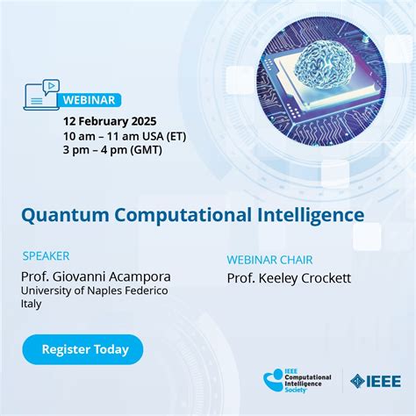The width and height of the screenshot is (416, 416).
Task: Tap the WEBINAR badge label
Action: [x=89, y=99]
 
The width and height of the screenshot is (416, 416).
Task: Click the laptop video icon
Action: [x=42, y=94]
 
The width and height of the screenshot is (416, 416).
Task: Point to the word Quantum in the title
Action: [x=58, y=214]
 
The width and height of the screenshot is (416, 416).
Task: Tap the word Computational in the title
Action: [x=164, y=214]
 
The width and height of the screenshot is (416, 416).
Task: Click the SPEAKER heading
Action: [x=47, y=256]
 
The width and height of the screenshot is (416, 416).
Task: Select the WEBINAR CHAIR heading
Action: [x=269, y=260]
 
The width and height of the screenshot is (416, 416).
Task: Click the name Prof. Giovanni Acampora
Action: [x=96, y=276]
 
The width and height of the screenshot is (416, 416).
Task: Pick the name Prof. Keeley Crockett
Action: [x=289, y=278]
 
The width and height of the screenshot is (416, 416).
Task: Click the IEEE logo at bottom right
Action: [x=376, y=381]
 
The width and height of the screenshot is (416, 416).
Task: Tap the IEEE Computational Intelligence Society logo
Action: [x=298, y=381]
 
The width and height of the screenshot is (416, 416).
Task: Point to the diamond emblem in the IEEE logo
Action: [x=358, y=381]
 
